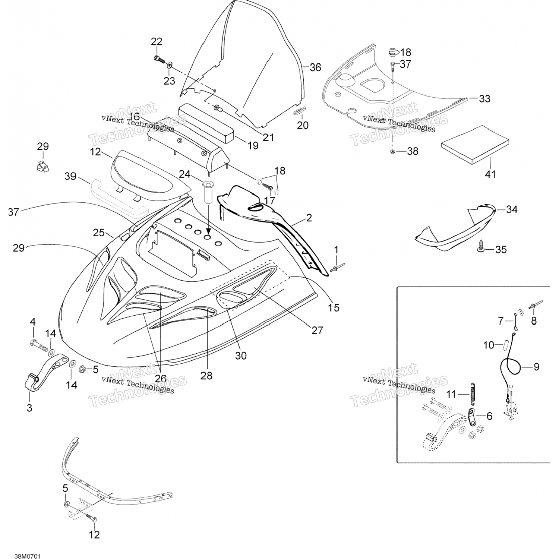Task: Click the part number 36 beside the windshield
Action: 315,67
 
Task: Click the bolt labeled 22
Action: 158,59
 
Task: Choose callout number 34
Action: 512,209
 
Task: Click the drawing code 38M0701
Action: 27,546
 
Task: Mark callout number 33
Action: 484,99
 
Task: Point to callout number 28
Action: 206,376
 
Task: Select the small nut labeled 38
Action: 393,151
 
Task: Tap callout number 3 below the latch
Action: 29,408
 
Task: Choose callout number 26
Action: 160,379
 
